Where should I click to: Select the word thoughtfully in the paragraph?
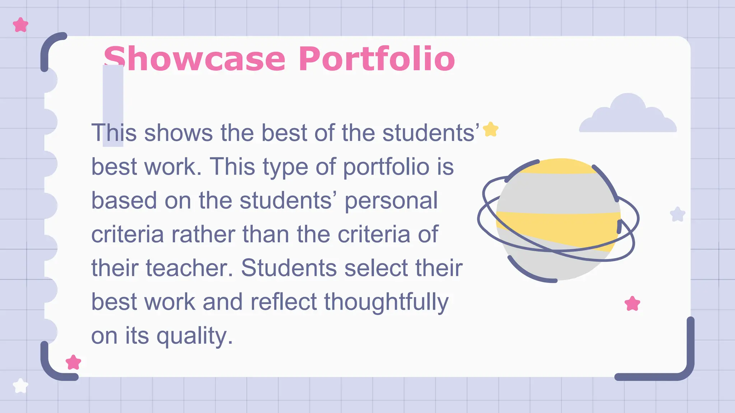386,302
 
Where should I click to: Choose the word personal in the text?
391,200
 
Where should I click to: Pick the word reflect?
284,302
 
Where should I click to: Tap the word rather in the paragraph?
203,234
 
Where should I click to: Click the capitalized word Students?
289,268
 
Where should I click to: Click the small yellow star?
491,129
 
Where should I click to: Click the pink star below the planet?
632,304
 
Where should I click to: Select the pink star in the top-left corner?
20,25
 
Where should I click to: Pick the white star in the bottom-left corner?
20,386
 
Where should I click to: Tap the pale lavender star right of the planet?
678,214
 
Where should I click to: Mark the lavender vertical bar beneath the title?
113,105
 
